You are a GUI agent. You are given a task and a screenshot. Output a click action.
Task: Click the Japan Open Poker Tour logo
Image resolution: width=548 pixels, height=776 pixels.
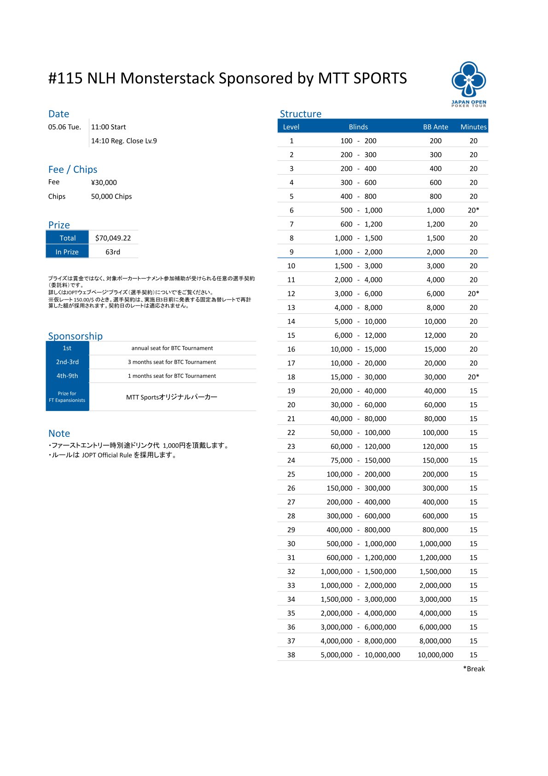[468, 84]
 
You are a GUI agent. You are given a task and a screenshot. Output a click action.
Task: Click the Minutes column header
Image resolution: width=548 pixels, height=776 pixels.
[473, 127]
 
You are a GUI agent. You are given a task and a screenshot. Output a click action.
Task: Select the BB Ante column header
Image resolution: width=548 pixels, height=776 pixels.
[435, 127]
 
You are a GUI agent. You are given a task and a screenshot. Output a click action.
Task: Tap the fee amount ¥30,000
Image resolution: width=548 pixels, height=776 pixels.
[104, 182]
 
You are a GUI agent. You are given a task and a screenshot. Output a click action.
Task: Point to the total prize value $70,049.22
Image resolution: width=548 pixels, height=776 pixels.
[113, 238]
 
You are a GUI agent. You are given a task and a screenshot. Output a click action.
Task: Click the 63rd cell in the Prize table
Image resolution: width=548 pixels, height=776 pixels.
[113, 252]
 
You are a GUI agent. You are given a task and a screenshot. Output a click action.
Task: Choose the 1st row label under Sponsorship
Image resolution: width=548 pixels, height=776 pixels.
[67, 348]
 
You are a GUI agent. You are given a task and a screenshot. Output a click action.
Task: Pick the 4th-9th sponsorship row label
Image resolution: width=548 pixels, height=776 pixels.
[67, 376]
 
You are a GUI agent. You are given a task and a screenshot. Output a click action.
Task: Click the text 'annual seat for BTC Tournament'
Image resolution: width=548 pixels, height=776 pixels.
[172, 348]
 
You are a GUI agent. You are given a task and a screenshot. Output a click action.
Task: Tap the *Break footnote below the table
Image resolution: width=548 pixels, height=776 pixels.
[474, 669]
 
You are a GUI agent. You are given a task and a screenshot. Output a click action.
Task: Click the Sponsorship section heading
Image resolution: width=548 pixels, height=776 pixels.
[76, 336]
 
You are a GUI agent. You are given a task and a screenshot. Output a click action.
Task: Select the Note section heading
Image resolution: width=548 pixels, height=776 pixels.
[59, 433]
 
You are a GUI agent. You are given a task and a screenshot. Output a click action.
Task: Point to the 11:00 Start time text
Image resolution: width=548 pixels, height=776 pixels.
[109, 127]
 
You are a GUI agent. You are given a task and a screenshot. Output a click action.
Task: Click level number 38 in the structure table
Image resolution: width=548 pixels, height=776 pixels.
[291, 654]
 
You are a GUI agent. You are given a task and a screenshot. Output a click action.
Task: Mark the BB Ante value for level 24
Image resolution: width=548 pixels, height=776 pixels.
[435, 460]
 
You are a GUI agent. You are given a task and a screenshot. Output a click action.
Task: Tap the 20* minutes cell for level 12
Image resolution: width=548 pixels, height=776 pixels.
[473, 294]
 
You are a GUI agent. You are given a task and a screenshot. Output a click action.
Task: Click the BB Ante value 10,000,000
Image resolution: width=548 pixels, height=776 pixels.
[435, 654]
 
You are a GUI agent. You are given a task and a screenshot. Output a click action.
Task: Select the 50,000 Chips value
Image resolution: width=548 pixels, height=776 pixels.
[111, 196]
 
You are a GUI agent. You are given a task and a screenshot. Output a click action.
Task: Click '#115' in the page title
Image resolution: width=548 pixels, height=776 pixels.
[65, 78]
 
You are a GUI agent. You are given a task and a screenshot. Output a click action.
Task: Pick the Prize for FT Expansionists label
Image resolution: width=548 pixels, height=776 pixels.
[67, 397]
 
